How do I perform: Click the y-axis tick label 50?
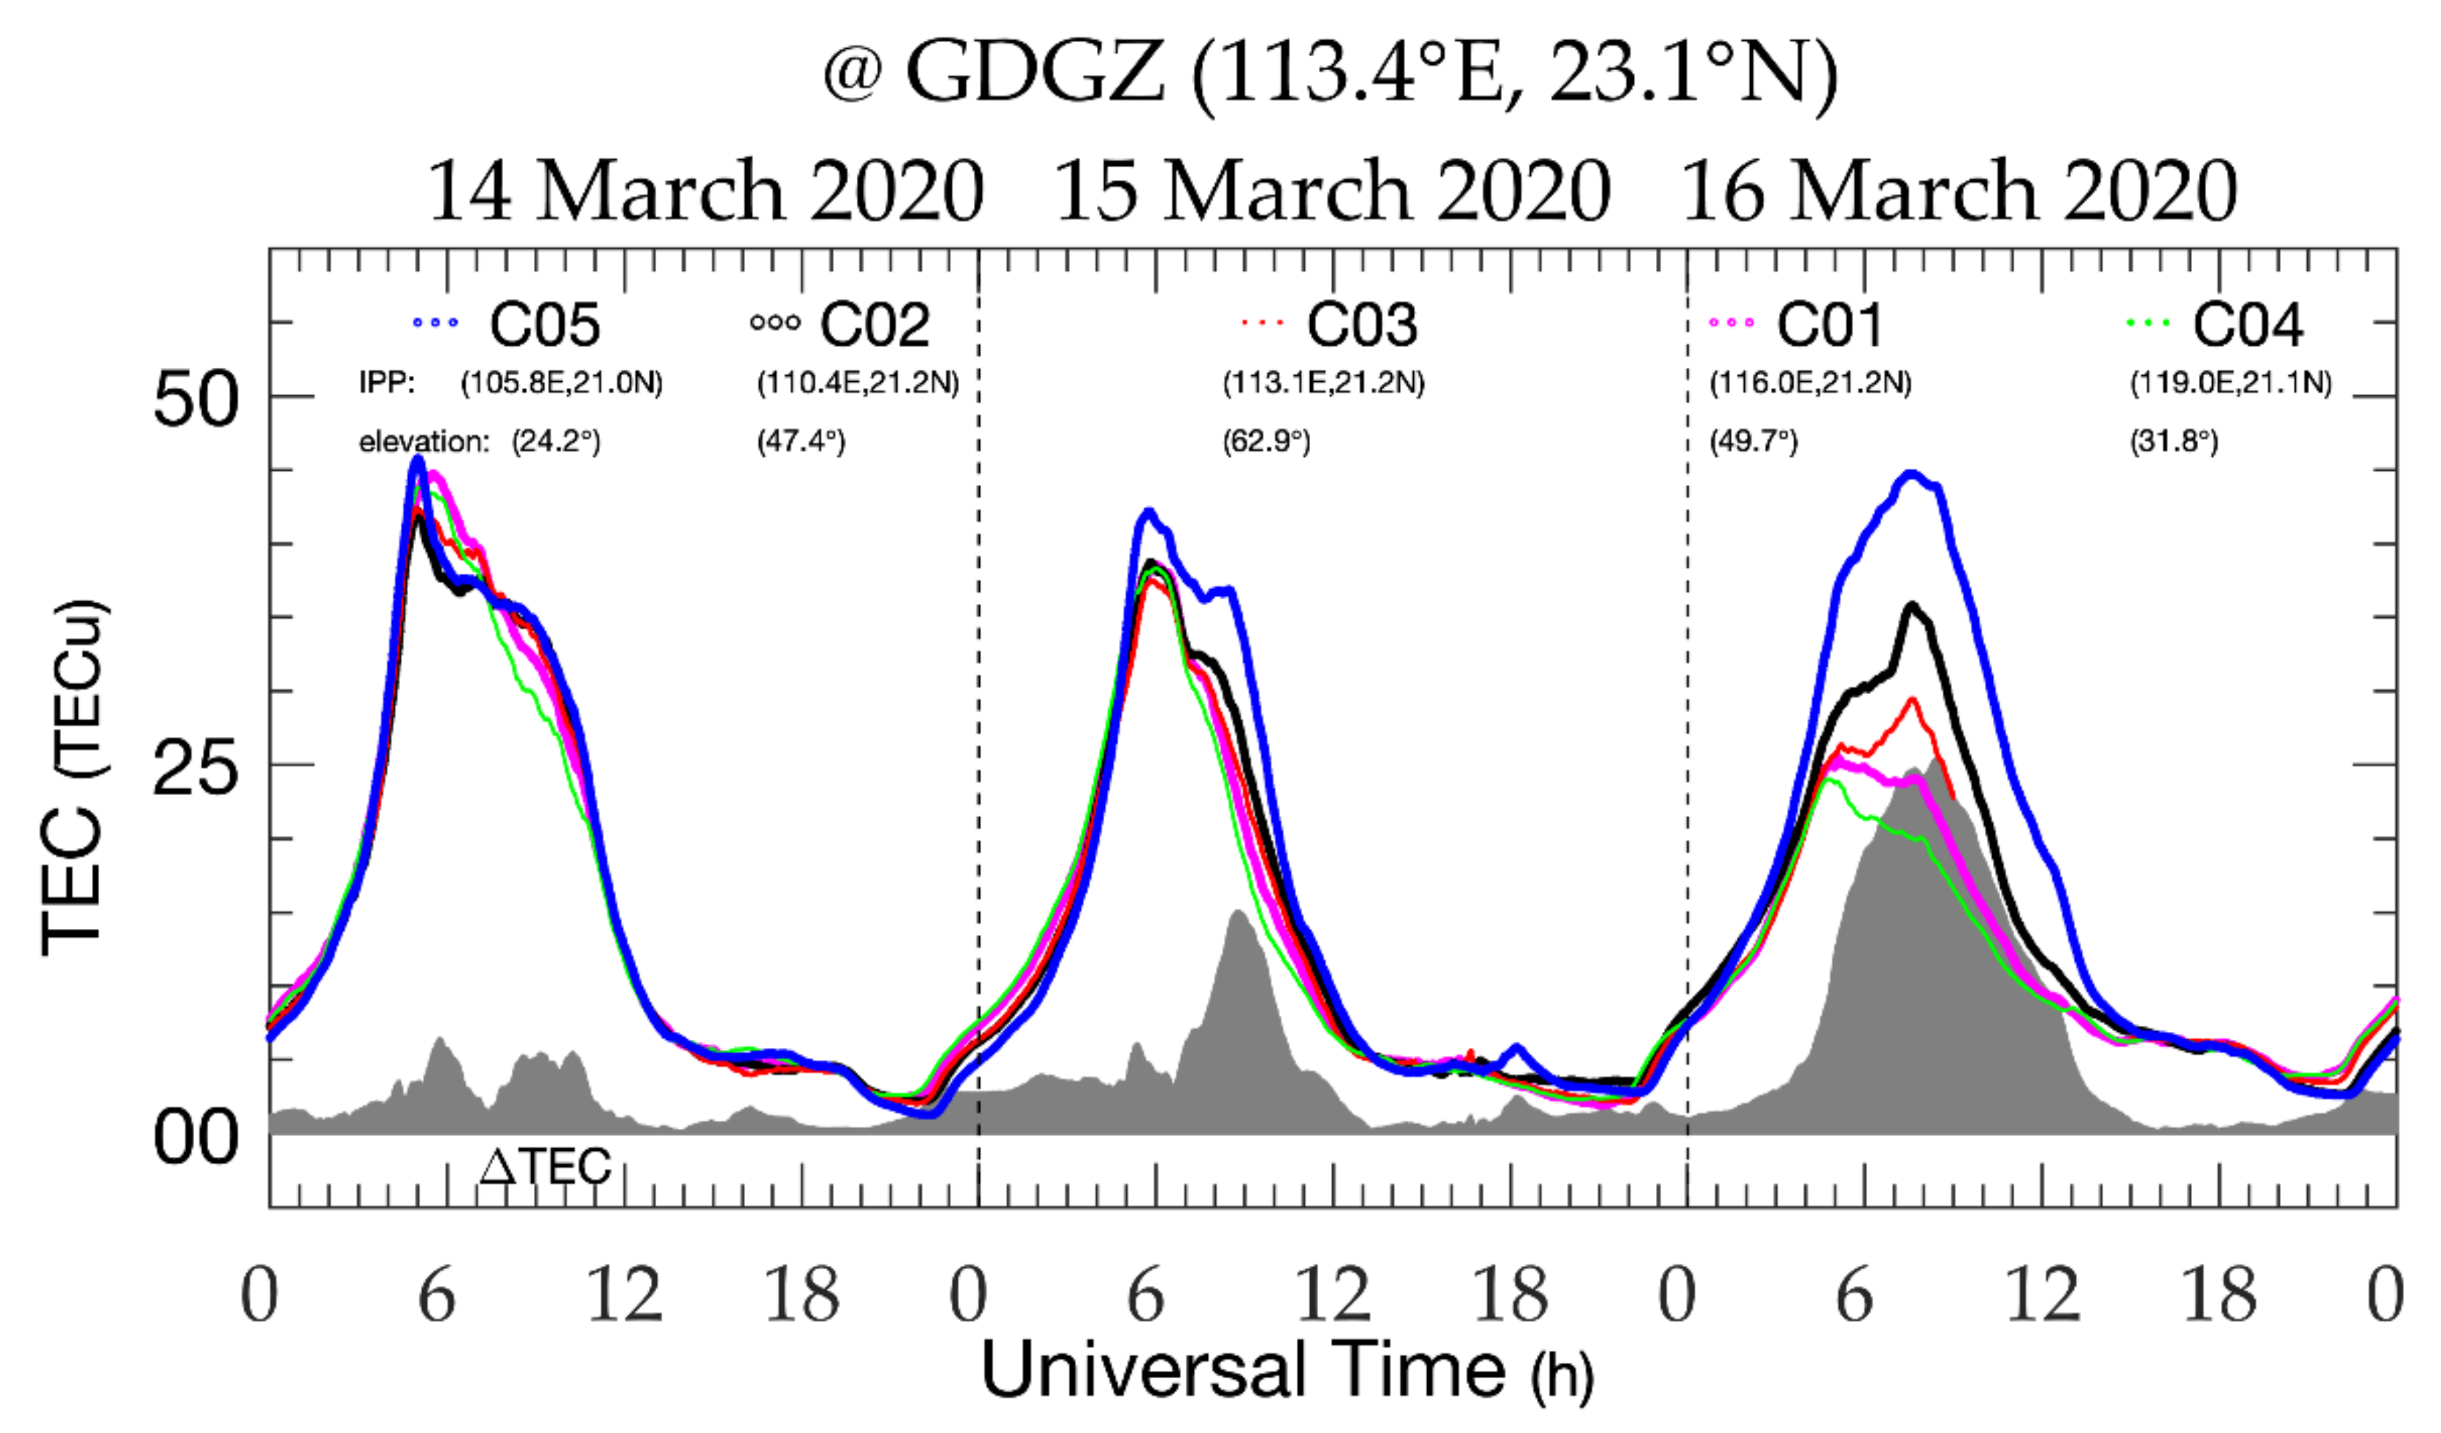click(x=195, y=400)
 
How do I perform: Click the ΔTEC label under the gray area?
click(x=545, y=1167)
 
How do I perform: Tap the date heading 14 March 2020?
click(x=705, y=191)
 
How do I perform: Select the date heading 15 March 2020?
click(x=1332, y=191)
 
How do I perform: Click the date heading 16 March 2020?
click(x=1959, y=191)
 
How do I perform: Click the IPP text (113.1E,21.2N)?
click(x=1323, y=383)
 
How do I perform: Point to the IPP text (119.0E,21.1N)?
click(x=2230, y=383)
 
